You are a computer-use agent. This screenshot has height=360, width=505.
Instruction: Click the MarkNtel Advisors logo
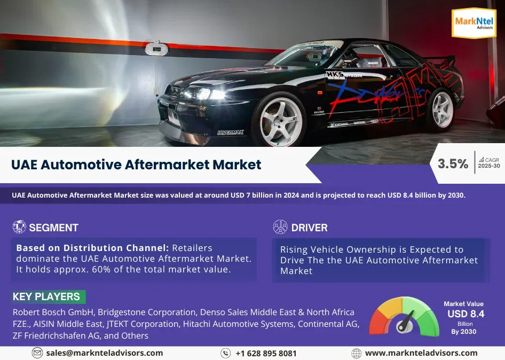tap(474, 23)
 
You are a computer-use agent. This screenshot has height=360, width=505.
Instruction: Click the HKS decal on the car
tap(335, 75)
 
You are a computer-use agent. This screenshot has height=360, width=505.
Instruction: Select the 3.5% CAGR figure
tap(453, 164)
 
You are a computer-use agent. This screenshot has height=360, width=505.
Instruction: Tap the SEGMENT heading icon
tap(19, 226)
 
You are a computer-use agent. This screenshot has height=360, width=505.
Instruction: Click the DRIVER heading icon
tap(280, 227)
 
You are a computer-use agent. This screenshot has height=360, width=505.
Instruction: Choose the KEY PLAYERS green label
tap(48, 296)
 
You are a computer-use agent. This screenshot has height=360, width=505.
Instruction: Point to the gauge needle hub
tap(404, 326)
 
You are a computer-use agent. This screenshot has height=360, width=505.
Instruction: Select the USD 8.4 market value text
tap(465, 314)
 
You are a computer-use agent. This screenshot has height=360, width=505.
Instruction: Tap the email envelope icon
tap(37, 353)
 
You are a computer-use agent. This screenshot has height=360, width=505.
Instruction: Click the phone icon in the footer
tap(225, 353)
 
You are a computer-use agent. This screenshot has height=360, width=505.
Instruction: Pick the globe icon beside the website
tap(356, 353)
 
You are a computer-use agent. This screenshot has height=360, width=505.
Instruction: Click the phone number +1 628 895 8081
tap(266, 354)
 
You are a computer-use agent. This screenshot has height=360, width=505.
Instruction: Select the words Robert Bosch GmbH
tap(53, 312)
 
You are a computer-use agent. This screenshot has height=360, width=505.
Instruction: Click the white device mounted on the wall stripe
tap(156, 49)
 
